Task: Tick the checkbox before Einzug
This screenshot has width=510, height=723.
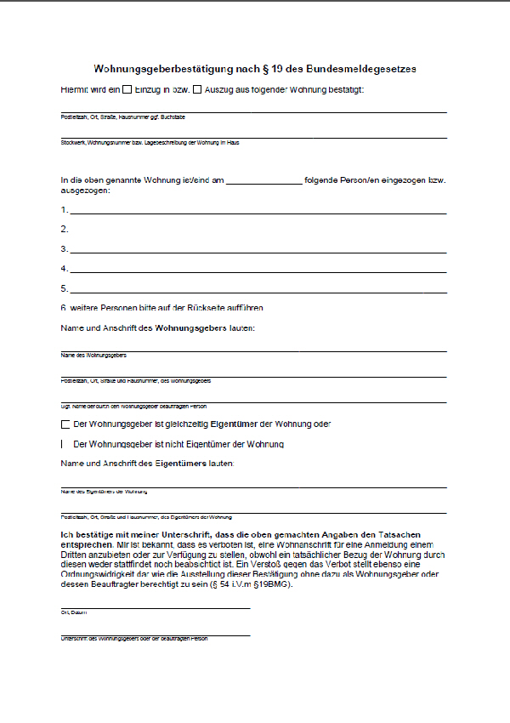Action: [127, 88]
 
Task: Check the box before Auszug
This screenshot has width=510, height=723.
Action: [197, 88]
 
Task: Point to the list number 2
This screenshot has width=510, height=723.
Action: [64, 230]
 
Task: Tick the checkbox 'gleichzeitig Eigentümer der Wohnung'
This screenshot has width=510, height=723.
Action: [65, 424]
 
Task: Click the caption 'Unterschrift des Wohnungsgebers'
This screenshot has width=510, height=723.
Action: [133, 639]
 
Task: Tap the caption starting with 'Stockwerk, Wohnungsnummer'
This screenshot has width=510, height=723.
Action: [150, 143]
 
